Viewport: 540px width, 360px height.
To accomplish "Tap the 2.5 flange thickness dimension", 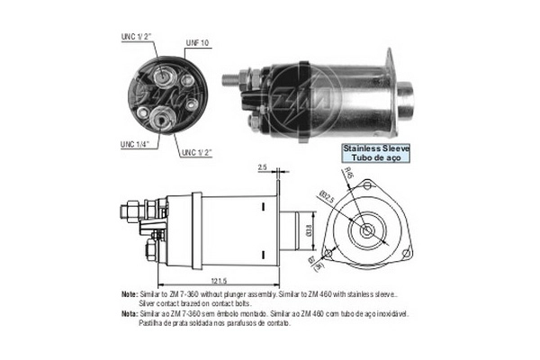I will pos(261,167).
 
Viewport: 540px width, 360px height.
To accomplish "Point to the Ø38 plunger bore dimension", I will pos(310,231).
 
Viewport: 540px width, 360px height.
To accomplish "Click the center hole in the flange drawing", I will pos(368,229).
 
